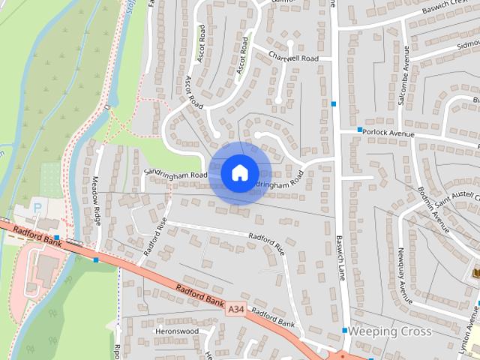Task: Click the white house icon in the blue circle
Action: pyautogui.click(x=239, y=172)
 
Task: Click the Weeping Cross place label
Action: pyautogui.click(x=390, y=331)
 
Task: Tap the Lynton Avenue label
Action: pyautogui.click(x=472, y=330)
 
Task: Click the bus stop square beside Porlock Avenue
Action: pyautogui.click(x=359, y=130)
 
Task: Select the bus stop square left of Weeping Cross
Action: pyautogui.click(x=344, y=330)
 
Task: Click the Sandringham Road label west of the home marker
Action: pyautogui.click(x=175, y=175)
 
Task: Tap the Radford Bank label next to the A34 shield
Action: pyautogui.click(x=200, y=296)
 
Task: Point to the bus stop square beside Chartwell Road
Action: pyautogui.click(x=333, y=103)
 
